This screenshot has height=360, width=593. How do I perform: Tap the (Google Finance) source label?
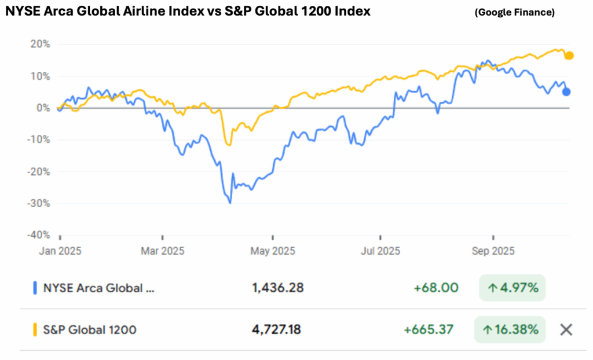(514, 12)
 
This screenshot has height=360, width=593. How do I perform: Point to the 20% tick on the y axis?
(39, 45)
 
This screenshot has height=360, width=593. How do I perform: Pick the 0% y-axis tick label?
(43, 108)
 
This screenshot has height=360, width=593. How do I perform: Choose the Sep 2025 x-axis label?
(494, 251)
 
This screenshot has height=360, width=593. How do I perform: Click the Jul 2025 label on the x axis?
(381, 251)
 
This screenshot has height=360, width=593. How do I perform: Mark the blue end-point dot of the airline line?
(566, 91)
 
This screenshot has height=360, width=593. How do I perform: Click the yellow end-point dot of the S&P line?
(569, 56)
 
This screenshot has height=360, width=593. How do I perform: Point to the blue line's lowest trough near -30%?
(230, 203)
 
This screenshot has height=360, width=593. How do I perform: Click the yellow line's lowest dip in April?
(230, 145)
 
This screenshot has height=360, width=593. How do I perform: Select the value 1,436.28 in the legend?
(278, 288)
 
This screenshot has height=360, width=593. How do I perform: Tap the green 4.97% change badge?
(512, 288)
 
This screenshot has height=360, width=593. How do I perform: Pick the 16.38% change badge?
(510, 330)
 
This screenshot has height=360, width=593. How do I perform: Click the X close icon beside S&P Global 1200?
(566, 330)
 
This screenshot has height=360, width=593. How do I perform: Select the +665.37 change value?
(429, 330)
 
